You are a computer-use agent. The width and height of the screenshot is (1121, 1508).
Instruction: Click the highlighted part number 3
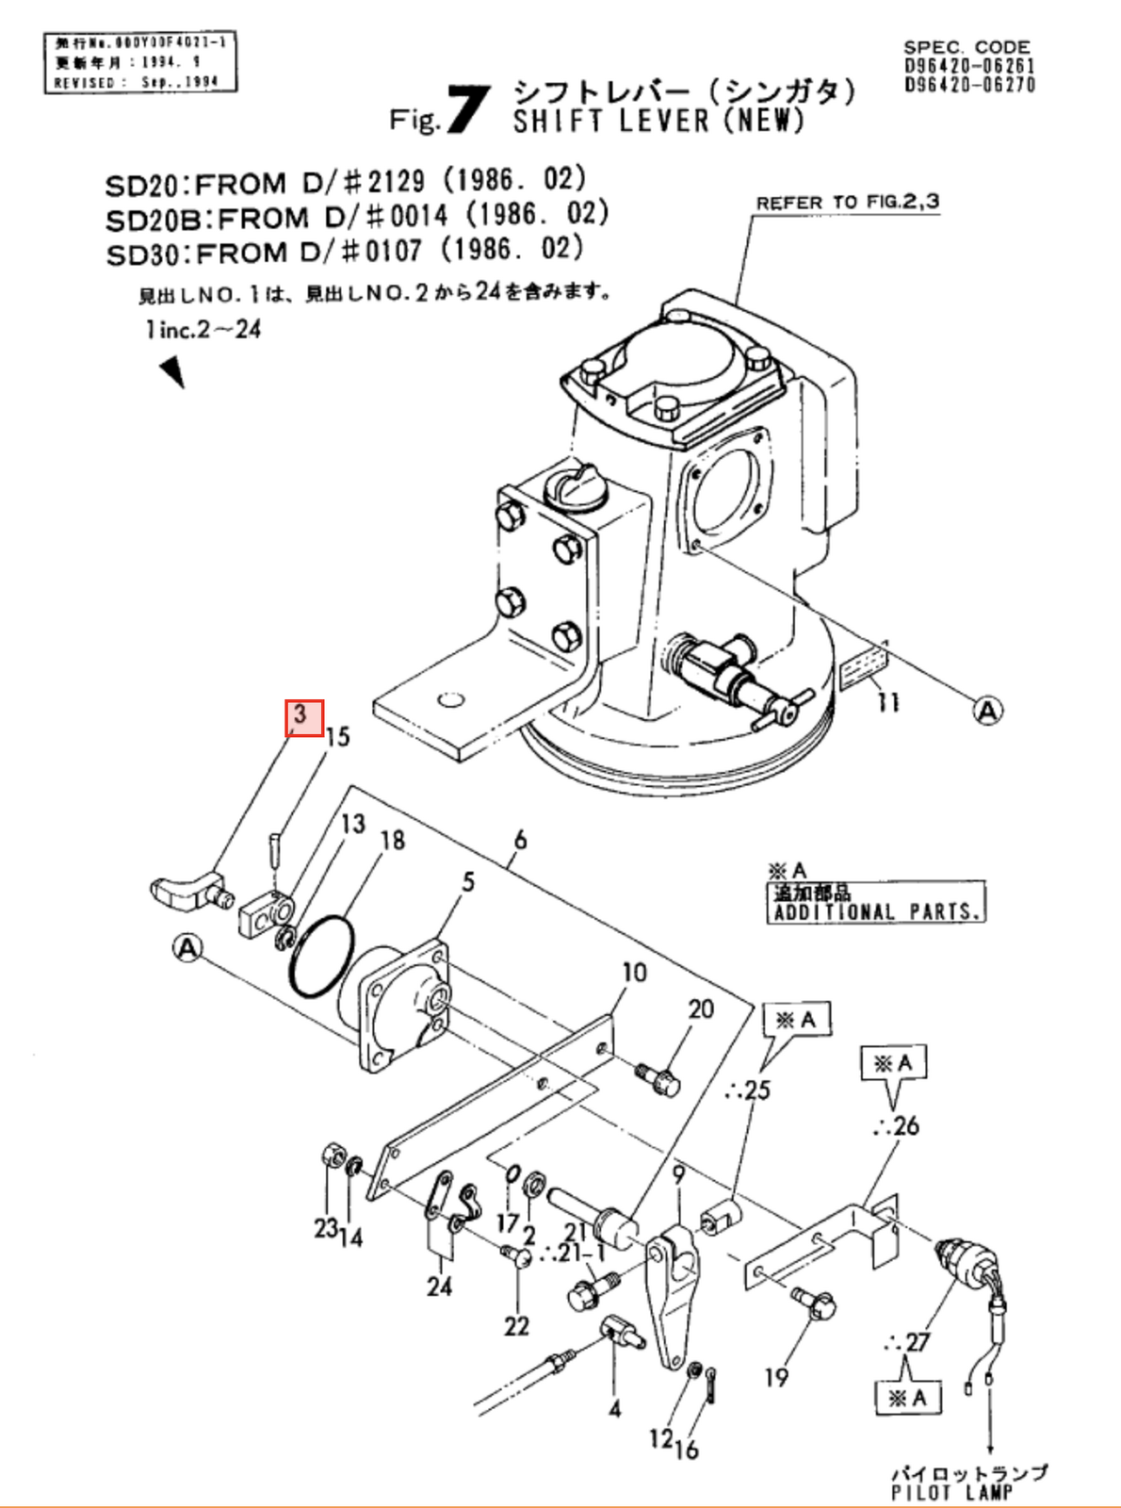click(x=304, y=718)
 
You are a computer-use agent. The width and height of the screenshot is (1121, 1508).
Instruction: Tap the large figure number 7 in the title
click(x=468, y=110)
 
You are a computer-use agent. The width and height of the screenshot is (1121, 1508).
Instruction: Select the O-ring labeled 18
click(x=322, y=956)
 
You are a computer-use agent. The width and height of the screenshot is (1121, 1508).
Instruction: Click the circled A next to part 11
click(x=987, y=711)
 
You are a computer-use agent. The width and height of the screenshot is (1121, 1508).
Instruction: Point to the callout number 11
click(x=887, y=702)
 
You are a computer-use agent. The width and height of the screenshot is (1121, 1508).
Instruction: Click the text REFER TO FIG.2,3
click(x=847, y=203)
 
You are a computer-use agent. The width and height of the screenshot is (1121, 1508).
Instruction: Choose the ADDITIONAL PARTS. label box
click(x=875, y=902)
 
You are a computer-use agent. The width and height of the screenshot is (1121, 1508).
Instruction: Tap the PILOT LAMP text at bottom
click(x=951, y=1492)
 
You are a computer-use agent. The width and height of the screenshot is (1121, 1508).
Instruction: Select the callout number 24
click(x=439, y=1286)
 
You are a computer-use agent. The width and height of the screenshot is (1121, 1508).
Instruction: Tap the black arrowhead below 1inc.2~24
click(x=172, y=370)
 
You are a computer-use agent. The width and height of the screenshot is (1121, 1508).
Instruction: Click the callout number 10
click(x=634, y=972)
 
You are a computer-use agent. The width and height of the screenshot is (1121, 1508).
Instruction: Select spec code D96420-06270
click(x=969, y=85)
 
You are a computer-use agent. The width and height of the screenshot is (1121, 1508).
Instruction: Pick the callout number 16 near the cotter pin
click(x=688, y=1448)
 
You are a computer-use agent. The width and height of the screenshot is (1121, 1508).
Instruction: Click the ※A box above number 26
click(x=894, y=1064)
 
